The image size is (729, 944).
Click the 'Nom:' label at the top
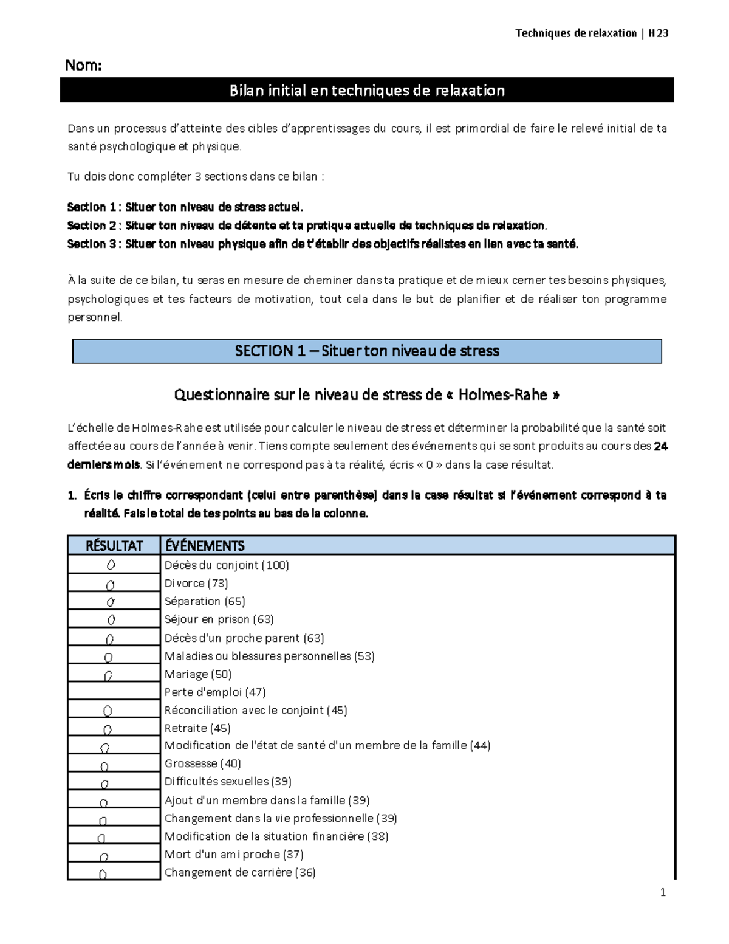pos(83,65)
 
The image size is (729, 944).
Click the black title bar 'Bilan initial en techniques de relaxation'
pos(367,91)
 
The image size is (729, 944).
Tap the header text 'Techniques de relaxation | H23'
pos(591,33)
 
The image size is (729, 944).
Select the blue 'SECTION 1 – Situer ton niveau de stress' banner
pos(367,351)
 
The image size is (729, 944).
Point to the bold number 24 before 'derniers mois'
pos(660,446)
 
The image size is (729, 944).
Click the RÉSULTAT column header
pos(114,545)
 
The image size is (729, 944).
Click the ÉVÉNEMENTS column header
pos(205,545)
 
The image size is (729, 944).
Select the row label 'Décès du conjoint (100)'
pos(227,565)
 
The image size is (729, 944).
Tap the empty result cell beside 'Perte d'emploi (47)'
pos(114,692)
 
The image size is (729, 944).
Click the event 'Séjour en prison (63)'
pos(219,619)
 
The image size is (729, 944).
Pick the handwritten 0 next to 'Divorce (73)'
pos(110,585)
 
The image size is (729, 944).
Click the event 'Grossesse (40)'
pos(202,763)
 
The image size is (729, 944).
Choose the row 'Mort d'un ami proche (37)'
pos(234,854)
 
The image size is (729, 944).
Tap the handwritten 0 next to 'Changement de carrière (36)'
pos(103,874)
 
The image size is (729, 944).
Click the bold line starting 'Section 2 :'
pos(307,226)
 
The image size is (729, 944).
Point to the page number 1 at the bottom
pos(663,892)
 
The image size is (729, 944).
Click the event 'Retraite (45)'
pos(197,728)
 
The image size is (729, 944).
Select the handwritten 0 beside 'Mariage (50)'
pos(108,675)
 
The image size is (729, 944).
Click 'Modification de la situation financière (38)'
pos(276,836)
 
